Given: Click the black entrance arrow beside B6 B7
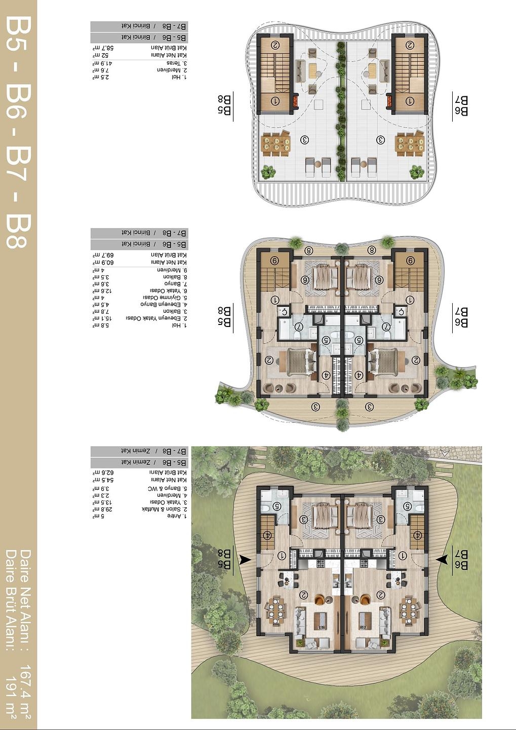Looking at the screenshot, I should coord(442,559).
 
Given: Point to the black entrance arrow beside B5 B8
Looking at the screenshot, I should coord(246,560).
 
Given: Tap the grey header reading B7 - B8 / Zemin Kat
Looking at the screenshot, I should coord(139,451).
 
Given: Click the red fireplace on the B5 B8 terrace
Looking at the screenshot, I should coord(294,101).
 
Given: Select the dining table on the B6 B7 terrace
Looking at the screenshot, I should coord(409,143).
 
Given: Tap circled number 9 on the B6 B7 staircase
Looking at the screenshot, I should coord(410,261).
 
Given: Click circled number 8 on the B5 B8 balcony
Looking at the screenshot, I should coord(309,250).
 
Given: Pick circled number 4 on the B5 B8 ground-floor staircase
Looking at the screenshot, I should coord(267,535).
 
